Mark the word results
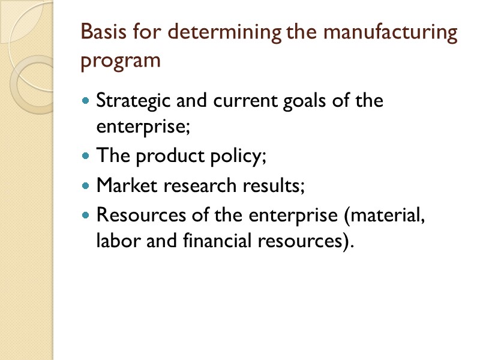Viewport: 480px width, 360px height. point(275,185)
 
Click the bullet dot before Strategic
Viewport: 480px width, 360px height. point(85,100)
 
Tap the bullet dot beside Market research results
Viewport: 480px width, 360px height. point(85,185)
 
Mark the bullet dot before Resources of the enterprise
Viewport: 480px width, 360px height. point(85,214)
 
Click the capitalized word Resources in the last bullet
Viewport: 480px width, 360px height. point(136,214)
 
